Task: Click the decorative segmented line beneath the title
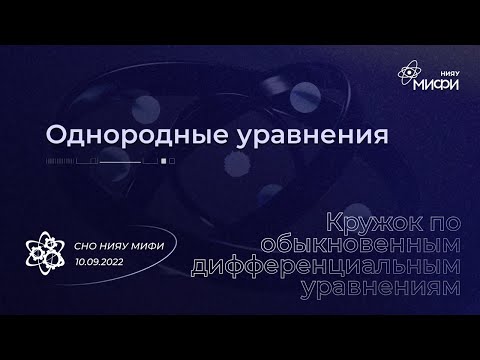tap(110, 160)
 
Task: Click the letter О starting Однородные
tap(57, 135)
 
